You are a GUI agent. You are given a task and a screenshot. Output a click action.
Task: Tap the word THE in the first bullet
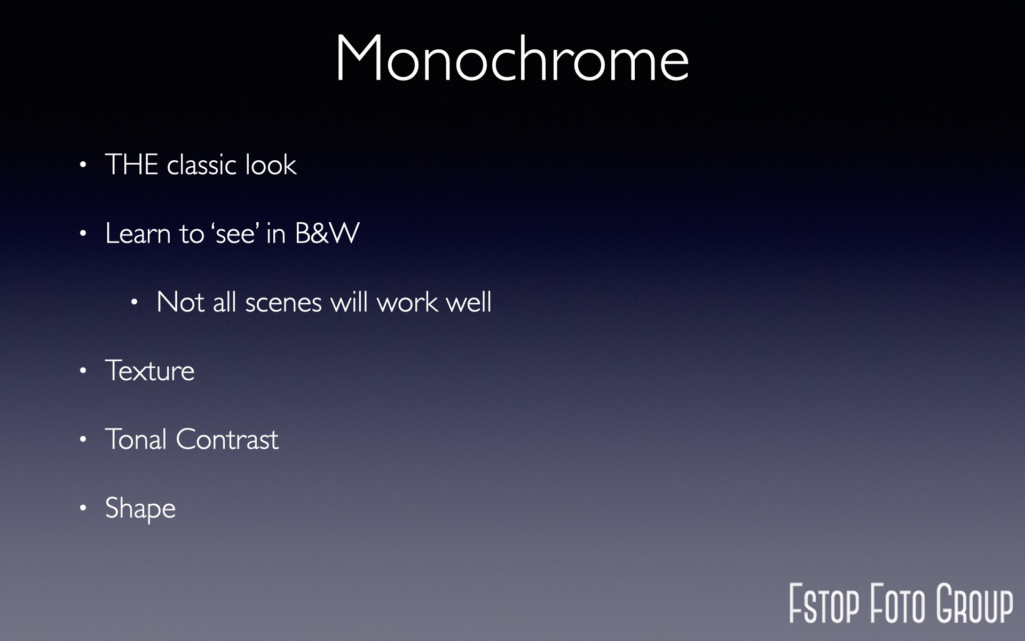pyautogui.click(x=132, y=164)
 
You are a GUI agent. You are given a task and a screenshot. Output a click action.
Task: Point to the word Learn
pyautogui.click(x=138, y=233)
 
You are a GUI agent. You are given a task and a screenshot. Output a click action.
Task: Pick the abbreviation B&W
pyautogui.click(x=327, y=233)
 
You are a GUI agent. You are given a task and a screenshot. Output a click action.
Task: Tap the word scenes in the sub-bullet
pyautogui.click(x=283, y=302)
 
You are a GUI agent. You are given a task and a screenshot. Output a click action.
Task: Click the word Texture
pyautogui.click(x=150, y=371)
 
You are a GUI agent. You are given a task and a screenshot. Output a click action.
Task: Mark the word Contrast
pyautogui.click(x=227, y=440)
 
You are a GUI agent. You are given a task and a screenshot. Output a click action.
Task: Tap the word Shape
pyautogui.click(x=140, y=509)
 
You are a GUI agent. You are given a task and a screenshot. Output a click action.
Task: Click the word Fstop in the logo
pyautogui.click(x=824, y=604)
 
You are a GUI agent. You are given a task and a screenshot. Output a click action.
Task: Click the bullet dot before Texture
pyautogui.click(x=83, y=371)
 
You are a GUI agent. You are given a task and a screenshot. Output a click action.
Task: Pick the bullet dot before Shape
pyautogui.click(x=83, y=508)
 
